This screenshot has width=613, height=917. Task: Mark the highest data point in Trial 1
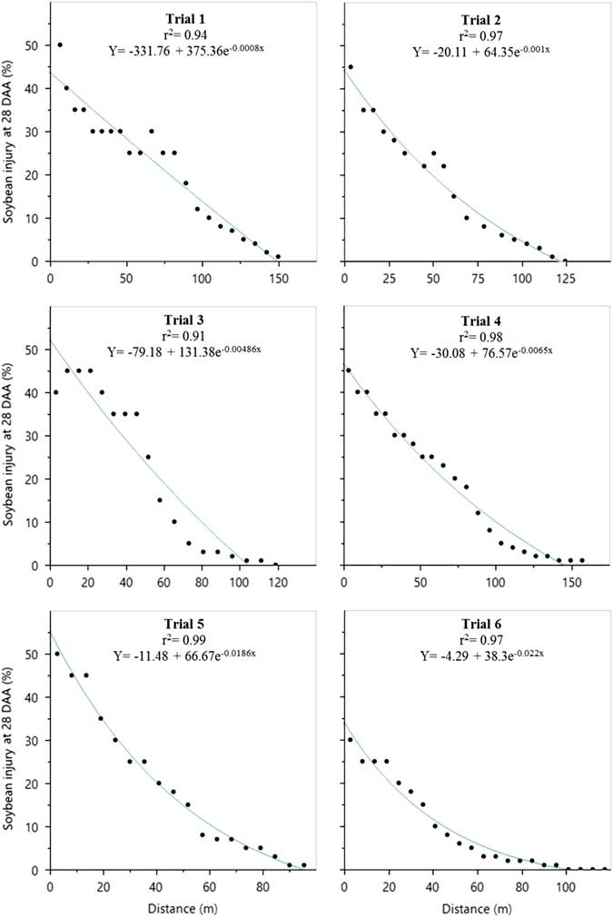tap(60, 44)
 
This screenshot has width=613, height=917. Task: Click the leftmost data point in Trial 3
tap(56, 392)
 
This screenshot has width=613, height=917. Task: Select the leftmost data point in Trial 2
tap(351, 66)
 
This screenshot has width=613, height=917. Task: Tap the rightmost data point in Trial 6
tap(604, 869)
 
